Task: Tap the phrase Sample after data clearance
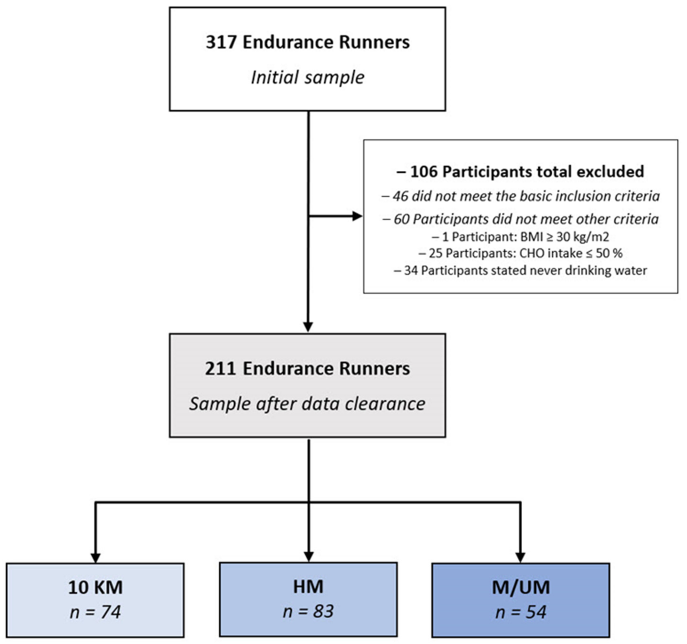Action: (x=307, y=403)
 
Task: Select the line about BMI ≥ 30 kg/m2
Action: (x=520, y=237)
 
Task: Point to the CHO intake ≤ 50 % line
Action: (x=520, y=253)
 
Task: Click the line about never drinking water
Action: (x=520, y=270)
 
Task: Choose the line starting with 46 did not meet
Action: (x=520, y=196)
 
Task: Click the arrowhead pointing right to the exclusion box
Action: (x=357, y=216)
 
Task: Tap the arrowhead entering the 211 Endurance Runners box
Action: (x=307, y=327)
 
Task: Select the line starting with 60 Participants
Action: (x=520, y=219)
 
